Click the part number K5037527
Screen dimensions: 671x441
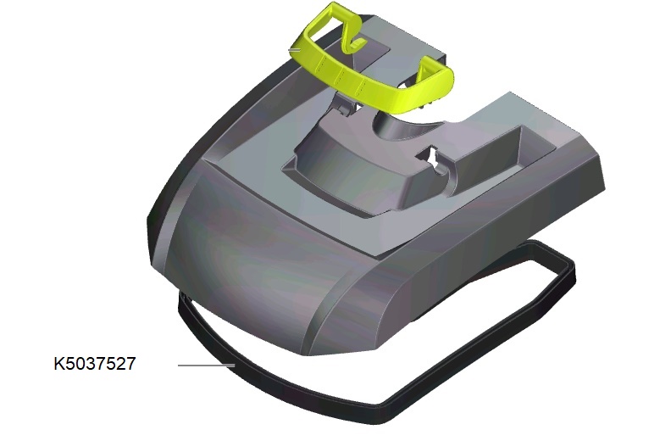[x=95, y=364]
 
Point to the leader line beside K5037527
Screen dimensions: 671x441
[x=206, y=366]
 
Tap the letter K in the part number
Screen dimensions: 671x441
[x=59, y=364]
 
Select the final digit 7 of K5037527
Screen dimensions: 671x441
[x=130, y=364]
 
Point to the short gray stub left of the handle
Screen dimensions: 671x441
[x=295, y=50]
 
